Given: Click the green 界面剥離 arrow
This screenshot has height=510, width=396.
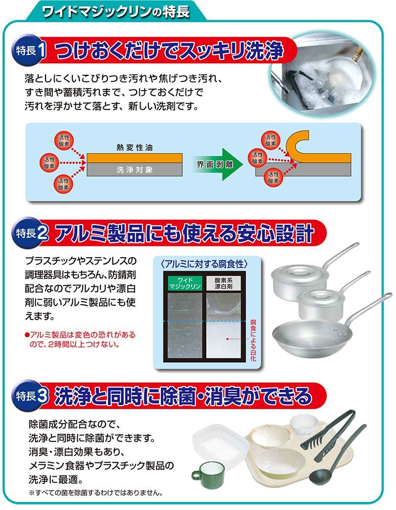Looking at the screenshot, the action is click(217, 164).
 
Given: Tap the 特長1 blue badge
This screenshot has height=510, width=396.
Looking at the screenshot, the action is click(28, 51).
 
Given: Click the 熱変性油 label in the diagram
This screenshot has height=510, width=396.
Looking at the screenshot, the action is click(135, 148).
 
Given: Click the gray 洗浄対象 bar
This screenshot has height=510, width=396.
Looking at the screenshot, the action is click(135, 170).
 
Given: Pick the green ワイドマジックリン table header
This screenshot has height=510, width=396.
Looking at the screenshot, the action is click(185, 283).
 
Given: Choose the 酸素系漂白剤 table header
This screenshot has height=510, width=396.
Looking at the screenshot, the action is click(224, 283).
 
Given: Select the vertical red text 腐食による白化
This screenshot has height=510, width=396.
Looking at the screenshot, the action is click(253, 340).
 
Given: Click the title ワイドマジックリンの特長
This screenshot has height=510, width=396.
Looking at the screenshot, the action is click(115, 11).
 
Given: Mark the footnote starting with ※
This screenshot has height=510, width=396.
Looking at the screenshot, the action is click(96, 493).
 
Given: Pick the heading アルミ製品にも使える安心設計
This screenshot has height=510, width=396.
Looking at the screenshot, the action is click(184, 233).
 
